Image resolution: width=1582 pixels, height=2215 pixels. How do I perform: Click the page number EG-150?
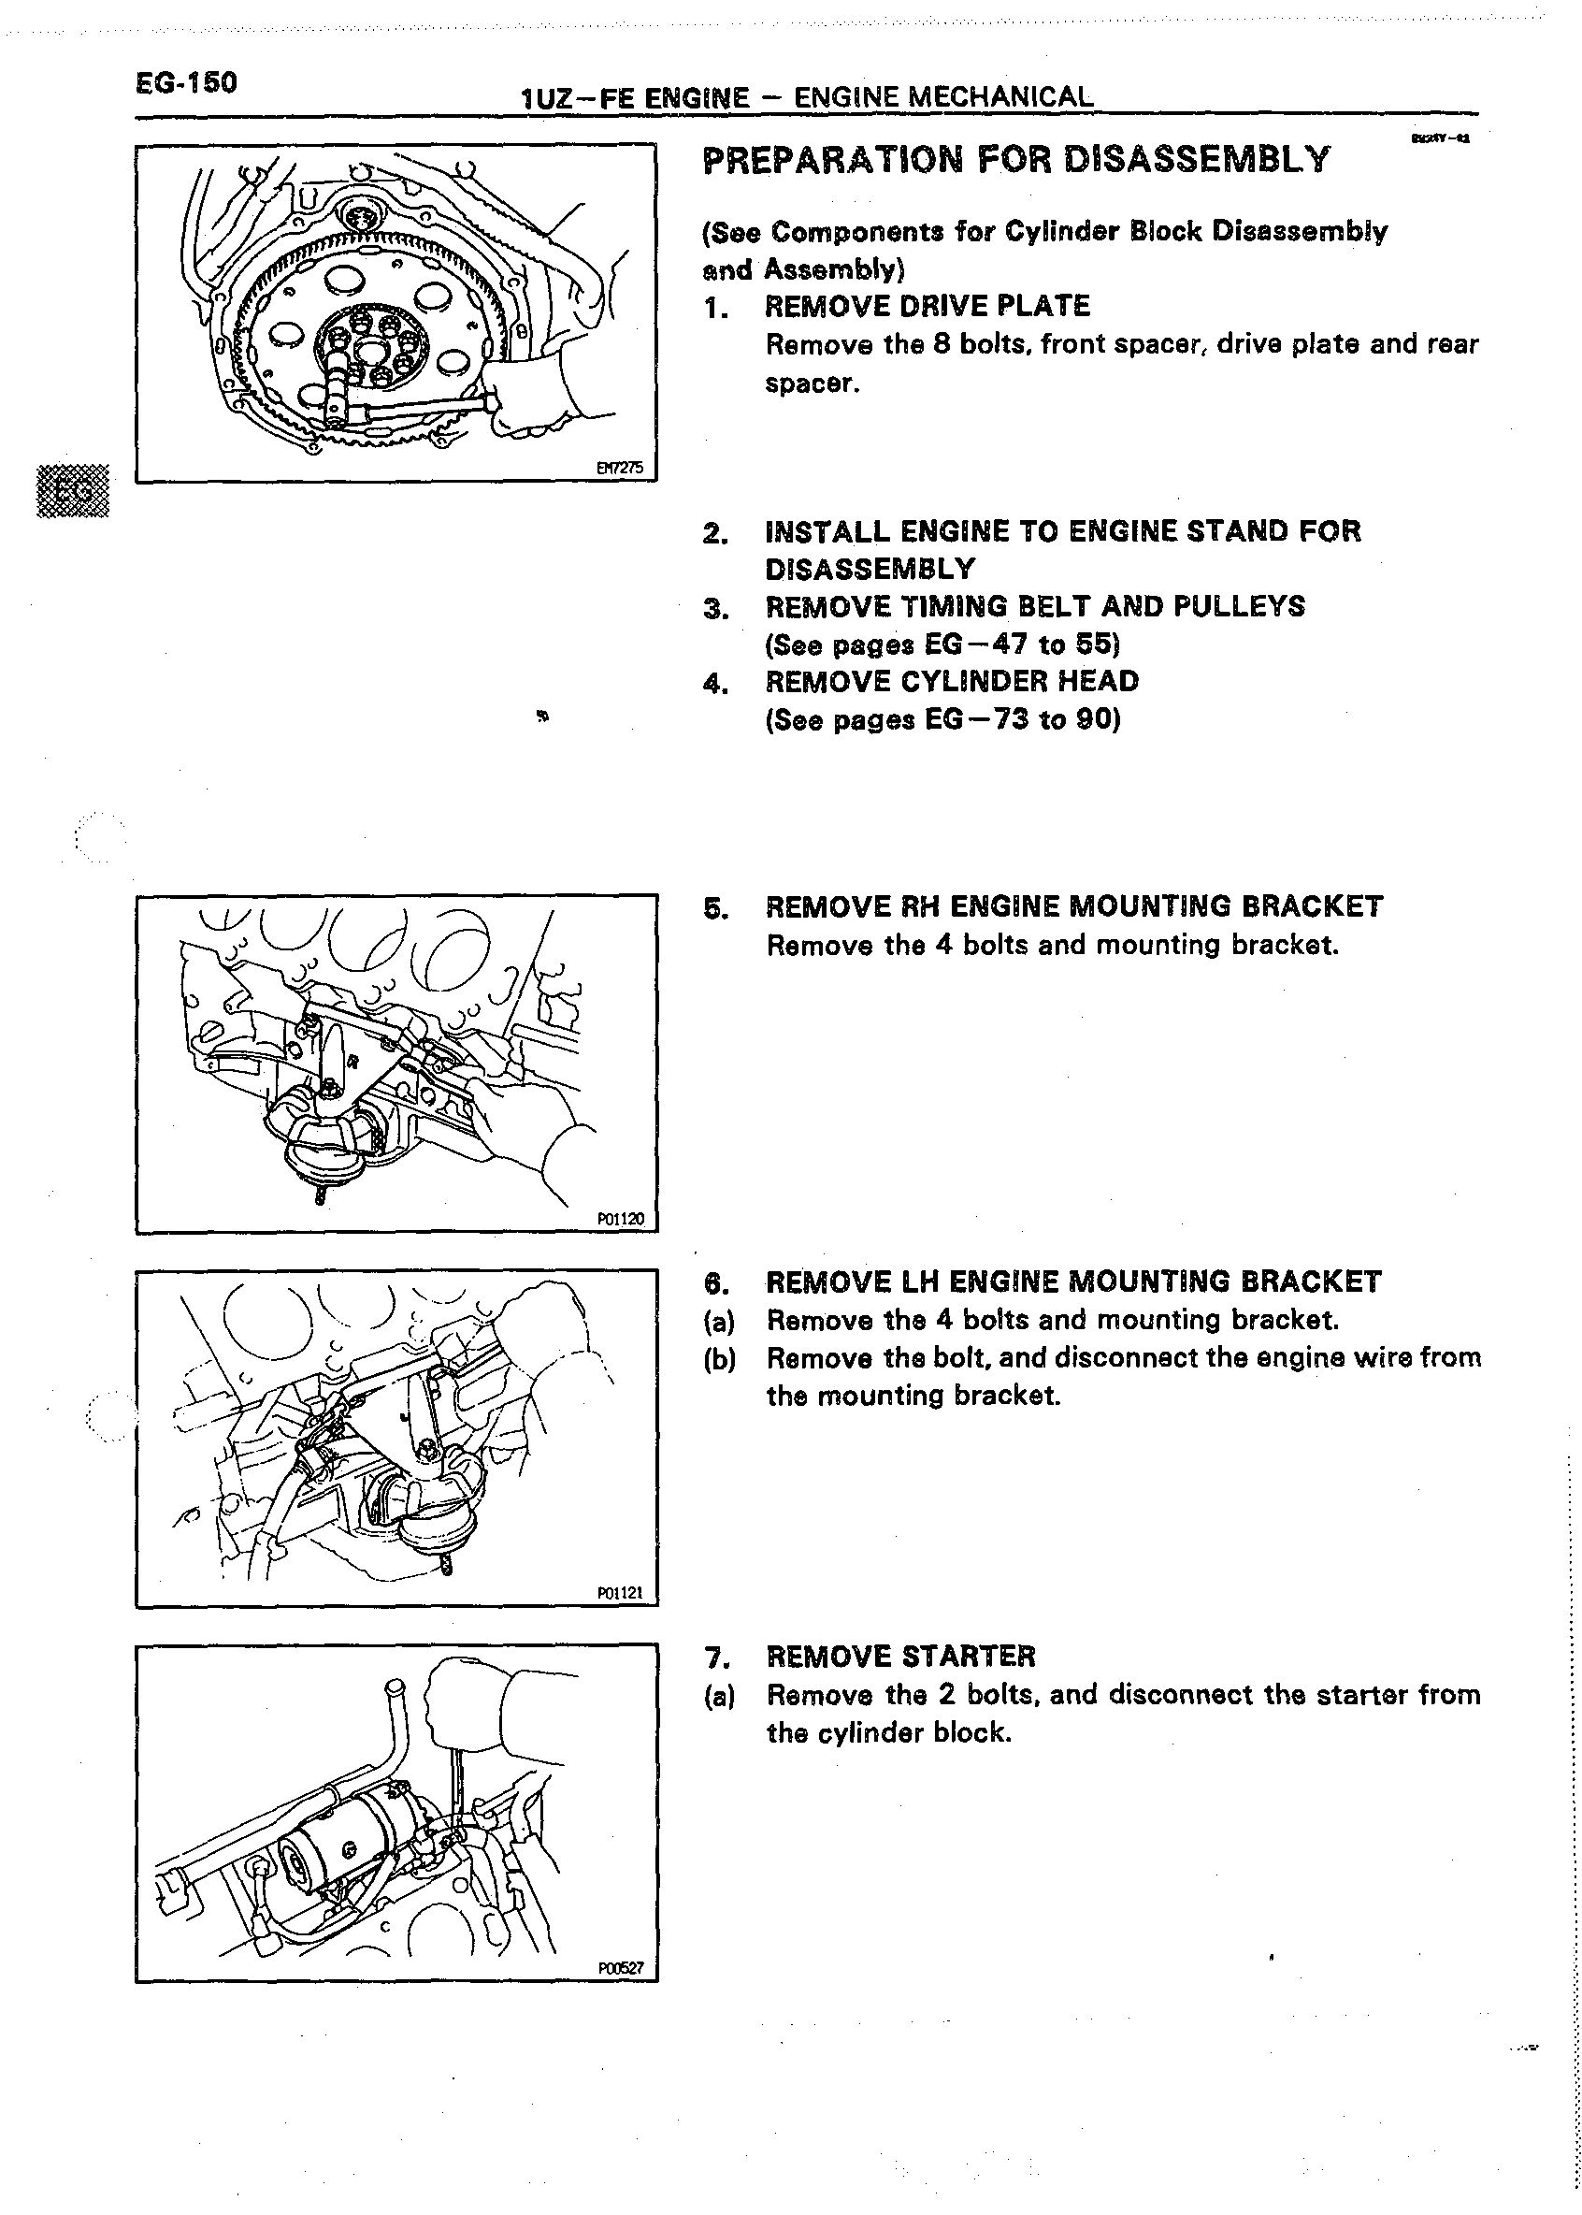(186, 83)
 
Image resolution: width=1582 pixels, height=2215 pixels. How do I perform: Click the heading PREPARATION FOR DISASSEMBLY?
(1015, 160)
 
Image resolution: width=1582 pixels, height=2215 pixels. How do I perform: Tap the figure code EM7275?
(620, 468)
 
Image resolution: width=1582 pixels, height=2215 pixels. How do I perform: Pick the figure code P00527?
(621, 1967)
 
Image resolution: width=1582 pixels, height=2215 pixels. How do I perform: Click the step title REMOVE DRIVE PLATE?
(928, 307)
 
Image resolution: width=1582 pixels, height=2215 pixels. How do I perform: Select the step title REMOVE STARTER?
(900, 1657)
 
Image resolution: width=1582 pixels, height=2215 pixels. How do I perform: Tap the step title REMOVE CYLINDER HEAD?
(952, 681)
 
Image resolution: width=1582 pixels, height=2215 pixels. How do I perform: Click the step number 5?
(715, 908)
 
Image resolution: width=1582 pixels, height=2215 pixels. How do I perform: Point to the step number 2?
(715, 533)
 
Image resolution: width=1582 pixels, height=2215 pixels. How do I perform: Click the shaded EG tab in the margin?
(73, 490)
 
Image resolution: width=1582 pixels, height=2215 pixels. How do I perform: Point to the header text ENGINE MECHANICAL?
(943, 97)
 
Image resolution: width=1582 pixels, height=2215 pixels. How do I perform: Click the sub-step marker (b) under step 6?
(719, 1358)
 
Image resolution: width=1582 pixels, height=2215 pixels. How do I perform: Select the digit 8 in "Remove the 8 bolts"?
(941, 345)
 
